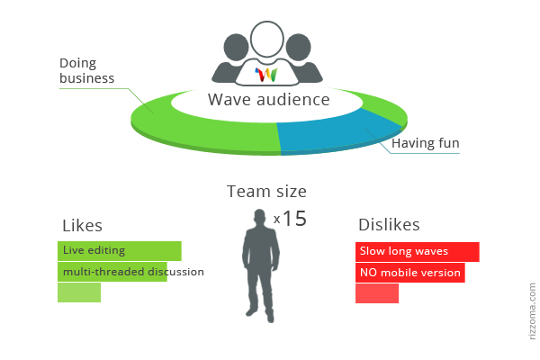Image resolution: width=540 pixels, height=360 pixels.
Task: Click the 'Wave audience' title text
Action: click(x=268, y=99)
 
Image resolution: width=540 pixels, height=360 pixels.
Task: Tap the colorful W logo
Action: click(x=267, y=74)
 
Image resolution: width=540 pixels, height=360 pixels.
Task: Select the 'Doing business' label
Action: click(x=86, y=71)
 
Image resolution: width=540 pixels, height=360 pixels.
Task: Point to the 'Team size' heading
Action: click(x=266, y=191)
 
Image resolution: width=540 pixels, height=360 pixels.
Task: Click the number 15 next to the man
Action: click(x=294, y=218)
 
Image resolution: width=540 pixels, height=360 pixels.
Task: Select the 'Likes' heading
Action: click(x=82, y=225)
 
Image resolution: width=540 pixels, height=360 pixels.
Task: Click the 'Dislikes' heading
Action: click(x=389, y=225)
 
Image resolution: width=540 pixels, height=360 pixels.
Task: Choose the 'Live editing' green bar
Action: click(x=120, y=250)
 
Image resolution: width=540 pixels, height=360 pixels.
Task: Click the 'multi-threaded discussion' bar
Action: click(x=112, y=272)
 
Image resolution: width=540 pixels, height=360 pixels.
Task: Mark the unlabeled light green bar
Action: click(x=79, y=293)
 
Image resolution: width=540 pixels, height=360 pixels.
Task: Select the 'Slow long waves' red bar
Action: click(x=417, y=251)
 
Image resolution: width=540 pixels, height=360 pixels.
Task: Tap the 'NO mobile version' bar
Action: click(x=409, y=273)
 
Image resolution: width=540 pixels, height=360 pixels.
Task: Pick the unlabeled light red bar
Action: click(x=377, y=293)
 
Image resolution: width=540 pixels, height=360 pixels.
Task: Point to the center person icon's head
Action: click(x=267, y=39)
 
